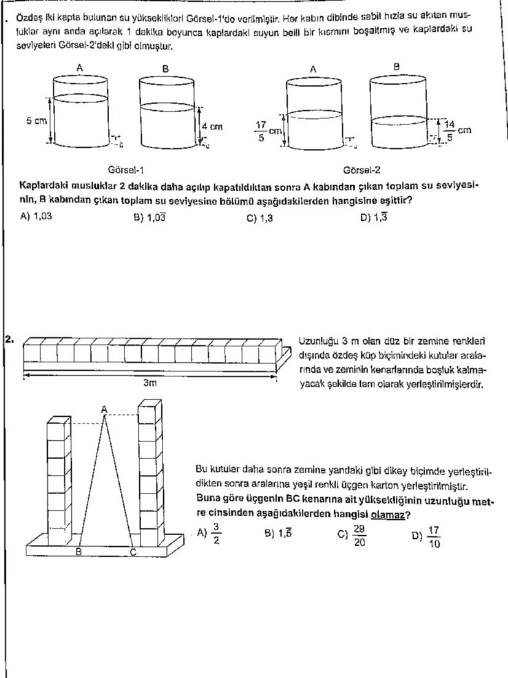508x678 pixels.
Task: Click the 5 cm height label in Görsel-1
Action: [36, 121]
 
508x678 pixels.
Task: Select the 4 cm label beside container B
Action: [212, 127]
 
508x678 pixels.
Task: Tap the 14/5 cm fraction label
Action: [456, 130]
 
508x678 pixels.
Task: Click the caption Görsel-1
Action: [126, 170]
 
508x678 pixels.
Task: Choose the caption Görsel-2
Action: [362, 170]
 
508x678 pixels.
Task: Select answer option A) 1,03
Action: [36, 216]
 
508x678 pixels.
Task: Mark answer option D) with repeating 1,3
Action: [374, 216]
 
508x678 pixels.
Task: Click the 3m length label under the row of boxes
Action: [150, 383]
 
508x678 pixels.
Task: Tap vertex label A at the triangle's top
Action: [104, 408]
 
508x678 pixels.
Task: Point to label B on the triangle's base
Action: [79, 552]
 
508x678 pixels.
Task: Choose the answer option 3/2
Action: [210, 533]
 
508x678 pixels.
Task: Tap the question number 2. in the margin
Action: [9, 338]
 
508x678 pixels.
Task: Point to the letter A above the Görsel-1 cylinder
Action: [79, 69]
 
